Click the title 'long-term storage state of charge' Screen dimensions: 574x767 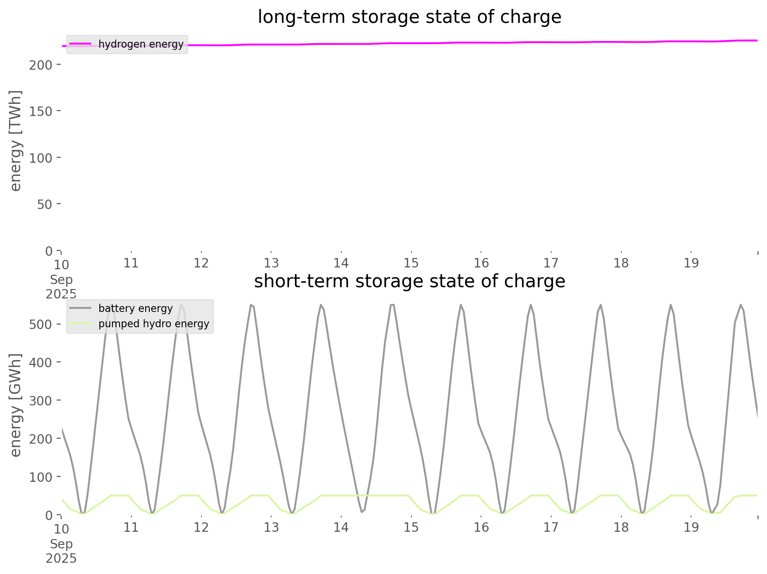coord(409,17)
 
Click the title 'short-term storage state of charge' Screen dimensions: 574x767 coord(409,281)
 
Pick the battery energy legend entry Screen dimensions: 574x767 coord(135,308)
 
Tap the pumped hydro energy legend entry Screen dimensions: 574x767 coord(153,324)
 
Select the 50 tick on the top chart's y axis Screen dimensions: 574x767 coord(44,204)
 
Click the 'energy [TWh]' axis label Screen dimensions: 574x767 coord(16,141)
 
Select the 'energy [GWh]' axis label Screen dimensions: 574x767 coord(16,405)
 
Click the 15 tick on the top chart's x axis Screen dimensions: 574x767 coord(411,263)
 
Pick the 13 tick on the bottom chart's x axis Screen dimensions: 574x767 coord(271,527)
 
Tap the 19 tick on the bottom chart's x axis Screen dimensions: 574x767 coord(691,527)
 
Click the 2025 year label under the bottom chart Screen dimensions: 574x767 coord(61,559)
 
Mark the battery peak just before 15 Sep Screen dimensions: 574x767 coord(392,305)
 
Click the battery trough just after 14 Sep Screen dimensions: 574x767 coord(362,512)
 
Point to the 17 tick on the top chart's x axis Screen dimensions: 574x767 coord(551,263)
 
